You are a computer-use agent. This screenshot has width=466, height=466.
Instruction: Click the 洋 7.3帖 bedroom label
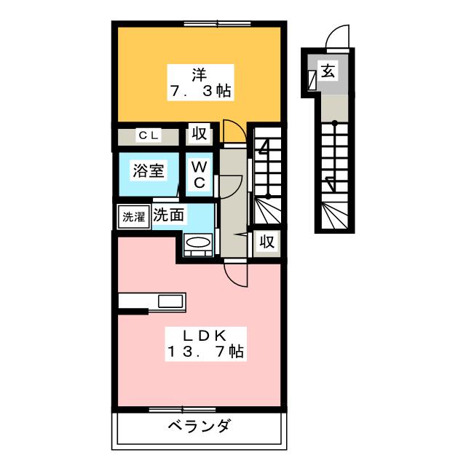point(200,82)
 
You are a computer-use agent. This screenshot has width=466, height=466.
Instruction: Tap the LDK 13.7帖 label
point(205,344)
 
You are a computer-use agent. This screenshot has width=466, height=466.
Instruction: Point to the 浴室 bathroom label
point(149,170)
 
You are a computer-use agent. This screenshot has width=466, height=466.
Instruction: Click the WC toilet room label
point(199,175)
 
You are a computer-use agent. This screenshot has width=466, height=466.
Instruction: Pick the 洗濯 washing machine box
point(134,217)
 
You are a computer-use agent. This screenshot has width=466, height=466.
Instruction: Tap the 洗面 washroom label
point(168,215)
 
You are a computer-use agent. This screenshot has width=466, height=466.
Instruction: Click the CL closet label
point(149,135)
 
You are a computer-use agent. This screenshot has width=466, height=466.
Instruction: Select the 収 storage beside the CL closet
point(199,134)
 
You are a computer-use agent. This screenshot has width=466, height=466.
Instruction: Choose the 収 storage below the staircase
point(267,242)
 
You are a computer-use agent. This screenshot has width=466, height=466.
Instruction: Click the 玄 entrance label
point(328,71)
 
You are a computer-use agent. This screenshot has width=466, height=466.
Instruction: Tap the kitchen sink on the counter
point(170,301)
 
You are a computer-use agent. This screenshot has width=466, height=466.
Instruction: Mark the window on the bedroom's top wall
point(217,23)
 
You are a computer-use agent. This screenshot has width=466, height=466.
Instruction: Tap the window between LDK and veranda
point(182,410)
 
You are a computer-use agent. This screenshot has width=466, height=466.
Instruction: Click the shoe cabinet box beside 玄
point(312,80)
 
